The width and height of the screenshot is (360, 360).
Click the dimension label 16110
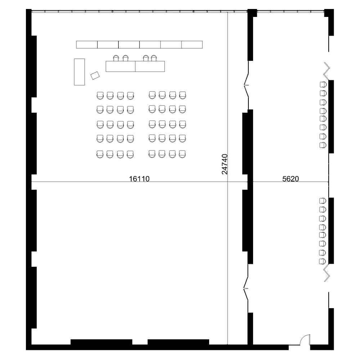pyautogui.click(x=139, y=179)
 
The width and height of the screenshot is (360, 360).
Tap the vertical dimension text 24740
pyautogui.click(x=225, y=164)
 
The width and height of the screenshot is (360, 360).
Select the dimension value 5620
pyautogui.click(x=291, y=179)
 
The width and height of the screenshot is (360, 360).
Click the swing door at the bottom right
pyautogui.click(x=305, y=339)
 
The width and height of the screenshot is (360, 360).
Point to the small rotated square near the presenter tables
pyautogui.click(x=95, y=76)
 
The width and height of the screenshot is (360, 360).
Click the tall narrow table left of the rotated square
pyautogui.click(x=80, y=72)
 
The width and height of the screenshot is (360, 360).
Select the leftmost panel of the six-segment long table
pyautogui.click(x=87, y=45)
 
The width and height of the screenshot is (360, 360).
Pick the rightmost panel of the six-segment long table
pyautogui.click(x=192, y=45)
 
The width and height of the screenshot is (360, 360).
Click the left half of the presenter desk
pyautogui.click(x=121, y=66)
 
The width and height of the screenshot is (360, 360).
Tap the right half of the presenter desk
pyautogui.click(x=150, y=66)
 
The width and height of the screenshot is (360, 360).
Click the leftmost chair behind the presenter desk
pyautogui.click(x=116, y=58)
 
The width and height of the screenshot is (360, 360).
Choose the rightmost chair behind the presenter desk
pyautogui.click(x=154, y=58)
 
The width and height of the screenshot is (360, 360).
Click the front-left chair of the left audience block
pyautogui.click(x=100, y=95)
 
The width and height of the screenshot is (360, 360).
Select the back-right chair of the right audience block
pyautogui.click(x=182, y=154)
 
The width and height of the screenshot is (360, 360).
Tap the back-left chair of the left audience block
pyautogui.click(x=100, y=154)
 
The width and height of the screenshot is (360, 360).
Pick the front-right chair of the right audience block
pyautogui.click(x=182, y=95)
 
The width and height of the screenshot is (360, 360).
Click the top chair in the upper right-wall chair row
pyautogui.click(x=323, y=85)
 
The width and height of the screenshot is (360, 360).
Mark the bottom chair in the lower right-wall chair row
pyautogui.click(x=322, y=261)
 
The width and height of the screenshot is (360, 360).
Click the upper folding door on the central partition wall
pyautogui.click(x=246, y=85)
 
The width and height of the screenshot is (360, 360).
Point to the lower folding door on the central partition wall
pyautogui.click(x=246, y=288)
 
